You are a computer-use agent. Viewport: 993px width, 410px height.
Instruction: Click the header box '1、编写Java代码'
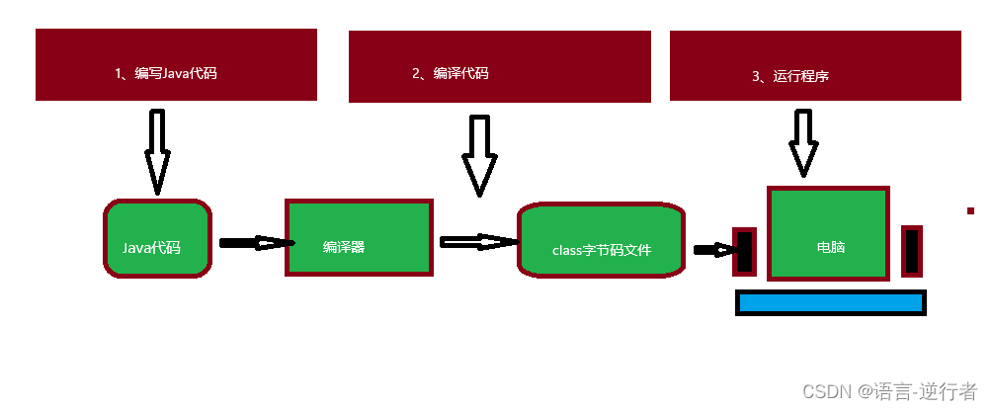pyautogui.click(x=176, y=64)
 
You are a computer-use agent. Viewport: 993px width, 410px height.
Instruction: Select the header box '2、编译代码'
pyautogui.click(x=499, y=66)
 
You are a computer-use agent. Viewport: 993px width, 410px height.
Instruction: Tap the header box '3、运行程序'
pyautogui.click(x=815, y=65)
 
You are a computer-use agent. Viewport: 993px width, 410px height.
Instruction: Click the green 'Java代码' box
pyautogui.click(x=157, y=238)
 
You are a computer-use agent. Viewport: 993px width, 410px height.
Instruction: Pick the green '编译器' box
pyautogui.click(x=359, y=237)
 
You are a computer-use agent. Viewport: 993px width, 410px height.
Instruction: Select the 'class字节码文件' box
pyautogui.click(x=601, y=240)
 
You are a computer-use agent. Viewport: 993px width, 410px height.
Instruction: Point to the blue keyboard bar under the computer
pyautogui.click(x=830, y=303)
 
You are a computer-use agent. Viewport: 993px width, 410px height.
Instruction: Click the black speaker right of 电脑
pyautogui.click(x=912, y=250)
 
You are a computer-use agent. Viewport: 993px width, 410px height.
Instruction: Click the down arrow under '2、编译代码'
pyautogui.click(x=480, y=155)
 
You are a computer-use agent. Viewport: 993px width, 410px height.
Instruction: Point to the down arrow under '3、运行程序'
pyautogui.click(x=803, y=143)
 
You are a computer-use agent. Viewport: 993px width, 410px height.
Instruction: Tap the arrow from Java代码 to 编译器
pyautogui.click(x=255, y=242)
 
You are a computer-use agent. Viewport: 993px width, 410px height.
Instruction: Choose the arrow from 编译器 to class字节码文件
pyautogui.click(x=478, y=242)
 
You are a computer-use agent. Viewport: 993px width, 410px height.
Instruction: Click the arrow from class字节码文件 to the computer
pyautogui.click(x=711, y=250)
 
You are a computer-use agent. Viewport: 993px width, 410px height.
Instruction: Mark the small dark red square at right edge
pyautogui.click(x=971, y=210)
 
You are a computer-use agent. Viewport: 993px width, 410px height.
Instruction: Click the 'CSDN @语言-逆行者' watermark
pyautogui.click(x=889, y=391)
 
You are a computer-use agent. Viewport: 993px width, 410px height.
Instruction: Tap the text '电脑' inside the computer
pyautogui.click(x=831, y=246)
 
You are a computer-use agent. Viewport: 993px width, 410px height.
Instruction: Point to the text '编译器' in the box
pyautogui.click(x=344, y=247)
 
